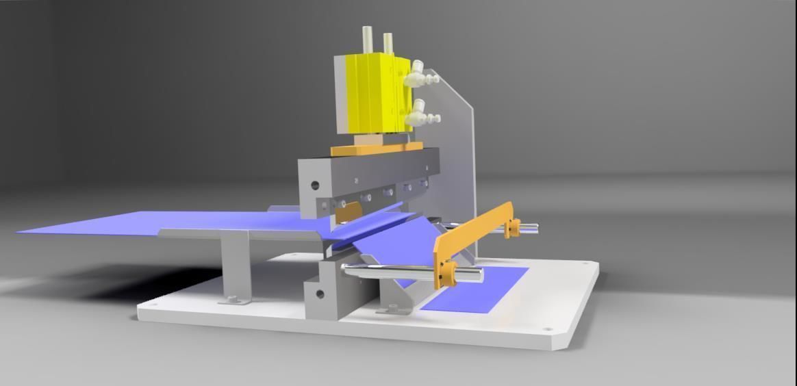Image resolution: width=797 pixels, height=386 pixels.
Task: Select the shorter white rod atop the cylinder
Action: point(388,43)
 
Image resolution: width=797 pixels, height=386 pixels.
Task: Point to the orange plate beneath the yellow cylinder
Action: point(377,148)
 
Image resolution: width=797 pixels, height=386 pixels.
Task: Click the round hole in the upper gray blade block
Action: point(315,185)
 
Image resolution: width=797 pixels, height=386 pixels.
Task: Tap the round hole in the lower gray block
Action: point(319,294)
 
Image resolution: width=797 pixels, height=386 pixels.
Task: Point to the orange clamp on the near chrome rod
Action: point(447,273)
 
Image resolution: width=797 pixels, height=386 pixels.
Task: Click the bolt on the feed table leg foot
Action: point(233,299)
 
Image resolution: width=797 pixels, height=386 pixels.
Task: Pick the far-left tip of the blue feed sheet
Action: point(21,231)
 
